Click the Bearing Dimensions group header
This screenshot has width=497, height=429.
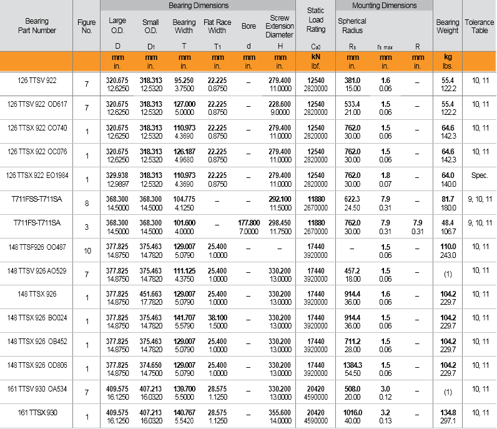(x=199, y=6)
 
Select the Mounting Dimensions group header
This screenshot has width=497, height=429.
(x=384, y=6)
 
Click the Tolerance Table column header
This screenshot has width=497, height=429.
(x=480, y=26)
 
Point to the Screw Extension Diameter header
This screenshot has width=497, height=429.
(x=279, y=26)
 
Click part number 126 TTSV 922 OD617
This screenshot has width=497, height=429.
(x=36, y=104)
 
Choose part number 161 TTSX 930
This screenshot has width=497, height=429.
(x=36, y=413)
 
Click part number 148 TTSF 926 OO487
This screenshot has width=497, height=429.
(x=36, y=247)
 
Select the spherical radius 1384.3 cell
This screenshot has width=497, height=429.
(x=352, y=365)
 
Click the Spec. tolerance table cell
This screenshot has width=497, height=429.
(x=480, y=176)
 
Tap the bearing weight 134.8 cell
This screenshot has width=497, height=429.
(x=448, y=413)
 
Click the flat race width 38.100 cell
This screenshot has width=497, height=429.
(x=217, y=318)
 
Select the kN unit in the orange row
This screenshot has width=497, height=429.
(x=316, y=57)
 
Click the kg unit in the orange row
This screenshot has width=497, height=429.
(x=448, y=57)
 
